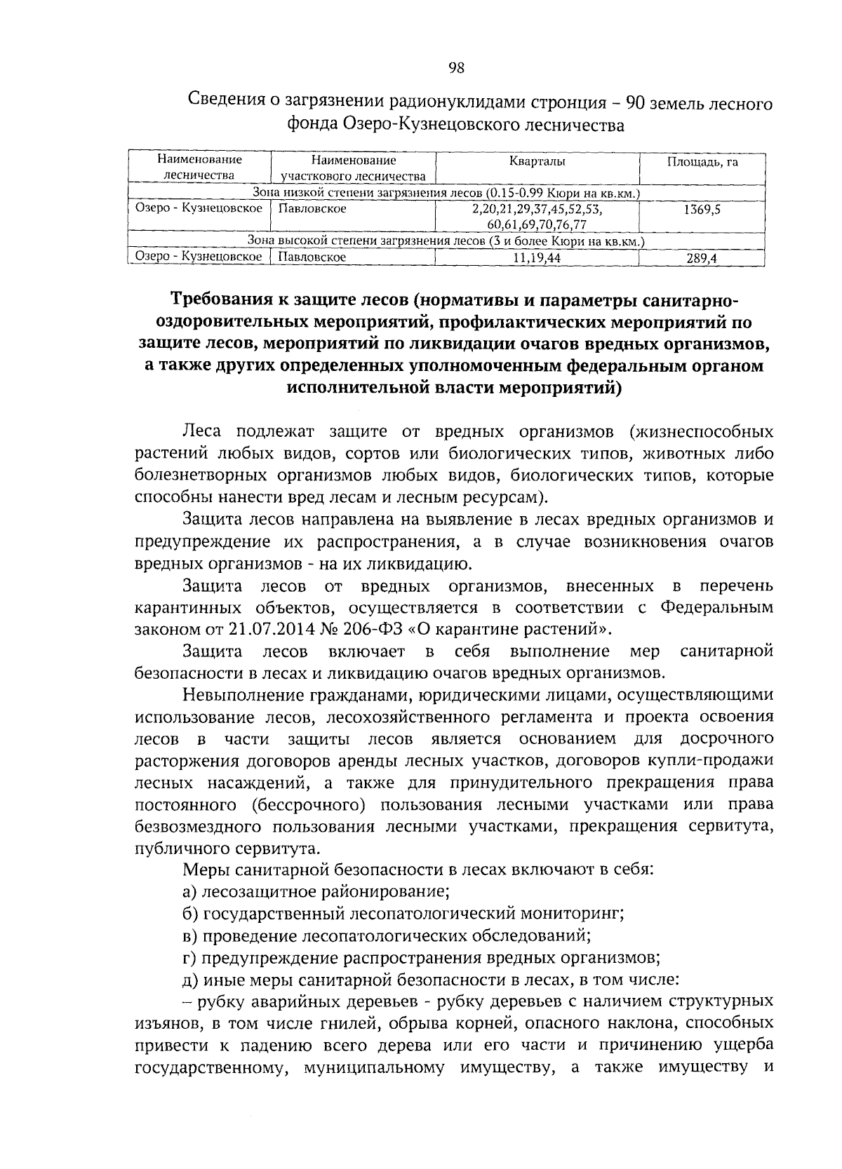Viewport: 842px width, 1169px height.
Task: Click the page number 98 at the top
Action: pos(456,68)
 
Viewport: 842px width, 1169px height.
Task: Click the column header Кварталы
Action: pos(537,161)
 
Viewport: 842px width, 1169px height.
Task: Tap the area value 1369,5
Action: pos(702,209)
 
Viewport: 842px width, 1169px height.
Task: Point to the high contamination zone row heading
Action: pos(446,241)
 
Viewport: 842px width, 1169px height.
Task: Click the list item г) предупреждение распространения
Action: pos(421,957)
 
